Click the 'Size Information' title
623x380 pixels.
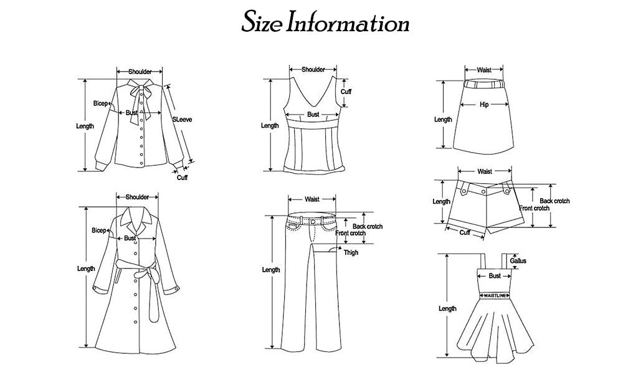click(325, 22)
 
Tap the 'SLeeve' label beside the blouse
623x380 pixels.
click(181, 117)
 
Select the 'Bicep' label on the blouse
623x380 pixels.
click(100, 103)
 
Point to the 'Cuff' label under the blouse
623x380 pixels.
click(182, 178)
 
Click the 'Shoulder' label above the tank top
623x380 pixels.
click(313, 70)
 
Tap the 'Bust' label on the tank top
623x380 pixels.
click(313, 115)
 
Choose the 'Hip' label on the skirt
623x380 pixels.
click(484, 105)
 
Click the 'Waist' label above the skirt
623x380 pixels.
click(484, 70)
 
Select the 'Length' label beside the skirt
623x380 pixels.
click(443, 119)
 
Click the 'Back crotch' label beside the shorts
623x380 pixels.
click(554, 201)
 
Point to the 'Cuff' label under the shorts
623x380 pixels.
click(465, 232)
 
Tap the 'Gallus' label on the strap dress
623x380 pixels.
click(518, 261)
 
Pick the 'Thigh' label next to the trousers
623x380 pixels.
click(351, 252)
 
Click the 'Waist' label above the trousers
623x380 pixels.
click(312, 199)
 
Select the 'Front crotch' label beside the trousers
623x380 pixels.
click(351, 233)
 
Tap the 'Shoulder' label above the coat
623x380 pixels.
click(137, 197)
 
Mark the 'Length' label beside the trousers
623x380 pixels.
click(271, 270)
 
